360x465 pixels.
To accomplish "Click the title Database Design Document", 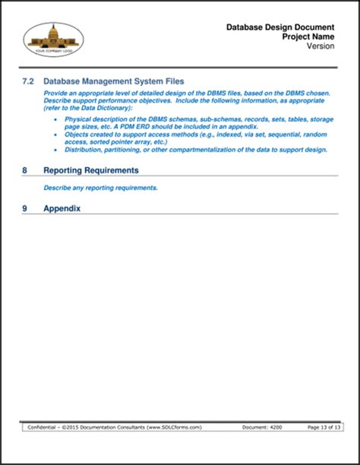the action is click(281, 27).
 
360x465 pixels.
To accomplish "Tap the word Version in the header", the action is click(322, 45).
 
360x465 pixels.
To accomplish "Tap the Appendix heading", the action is click(62, 208).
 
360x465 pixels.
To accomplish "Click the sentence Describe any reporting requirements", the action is click(101, 188).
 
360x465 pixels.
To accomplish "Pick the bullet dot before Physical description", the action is click(57, 119).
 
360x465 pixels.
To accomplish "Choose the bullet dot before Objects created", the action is click(57, 134).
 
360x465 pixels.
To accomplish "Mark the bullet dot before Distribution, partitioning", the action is click(57, 150).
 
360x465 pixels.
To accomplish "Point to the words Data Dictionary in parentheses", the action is click(99, 108).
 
